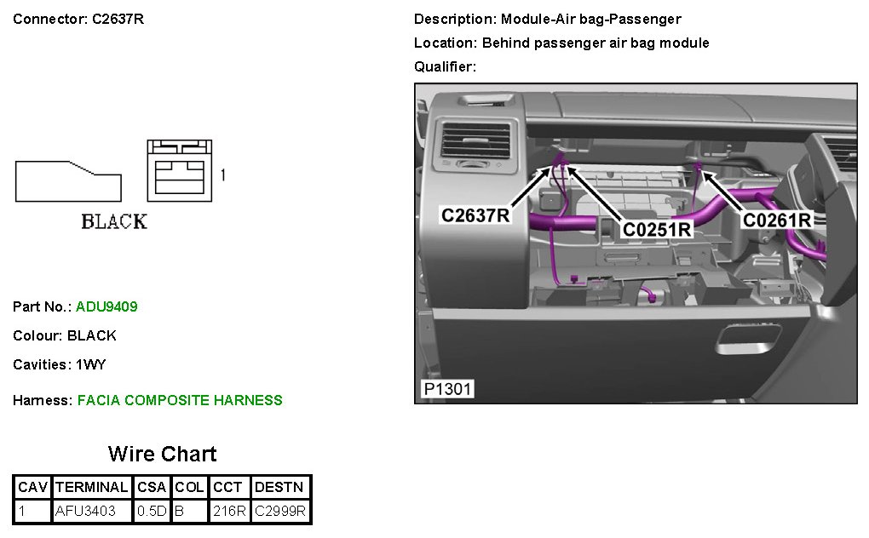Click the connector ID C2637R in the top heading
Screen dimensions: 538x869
118,19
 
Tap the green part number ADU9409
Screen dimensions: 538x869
106,306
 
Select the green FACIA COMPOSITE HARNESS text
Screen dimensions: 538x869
180,400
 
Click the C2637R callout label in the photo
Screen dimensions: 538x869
475,215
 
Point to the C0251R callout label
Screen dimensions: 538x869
657,228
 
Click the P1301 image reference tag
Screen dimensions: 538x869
448,390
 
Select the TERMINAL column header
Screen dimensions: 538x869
92,488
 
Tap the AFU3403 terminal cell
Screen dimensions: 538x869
85,512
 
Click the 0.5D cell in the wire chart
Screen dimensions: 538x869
152,512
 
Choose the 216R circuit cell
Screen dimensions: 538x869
229,512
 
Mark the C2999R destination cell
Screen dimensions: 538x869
280,512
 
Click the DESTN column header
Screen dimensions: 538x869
280,488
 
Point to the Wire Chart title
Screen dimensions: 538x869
162,454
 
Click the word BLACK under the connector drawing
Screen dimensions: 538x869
114,221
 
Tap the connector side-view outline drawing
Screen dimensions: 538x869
68,180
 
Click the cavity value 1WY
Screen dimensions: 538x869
91,364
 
